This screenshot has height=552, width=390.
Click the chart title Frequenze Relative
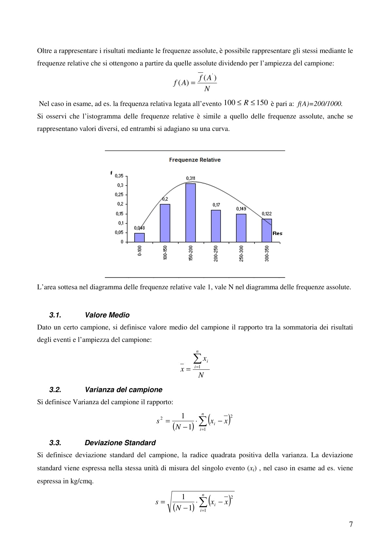pyautogui.click(x=195, y=160)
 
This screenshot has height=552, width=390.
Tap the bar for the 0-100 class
pyautogui.click(x=140, y=237)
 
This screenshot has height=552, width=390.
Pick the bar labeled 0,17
pyautogui.click(x=216, y=226)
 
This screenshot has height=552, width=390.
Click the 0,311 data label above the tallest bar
pyautogui.click(x=190, y=178)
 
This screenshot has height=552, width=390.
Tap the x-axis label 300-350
pyautogui.click(x=267, y=253)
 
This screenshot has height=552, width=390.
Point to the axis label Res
pyautogui.click(x=277, y=233)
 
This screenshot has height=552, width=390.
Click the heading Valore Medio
pyautogui.click(x=107, y=315)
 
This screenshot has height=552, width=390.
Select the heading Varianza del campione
pyautogui.click(x=124, y=390)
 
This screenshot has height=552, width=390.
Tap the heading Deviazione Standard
pyautogui.click(x=120, y=443)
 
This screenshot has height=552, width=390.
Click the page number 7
pyautogui.click(x=351, y=524)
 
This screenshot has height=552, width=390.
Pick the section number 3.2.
pyautogui.click(x=55, y=390)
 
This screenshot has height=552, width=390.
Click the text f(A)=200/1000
pyautogui.click(x=320, y=104)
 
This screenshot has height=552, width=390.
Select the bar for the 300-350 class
pyautogui.click(x=267, y=230)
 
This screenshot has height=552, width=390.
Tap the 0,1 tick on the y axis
pyautogui.click(x=121, y=223)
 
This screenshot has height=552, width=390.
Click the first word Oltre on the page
pyautogui.click(x=44, y=51)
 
